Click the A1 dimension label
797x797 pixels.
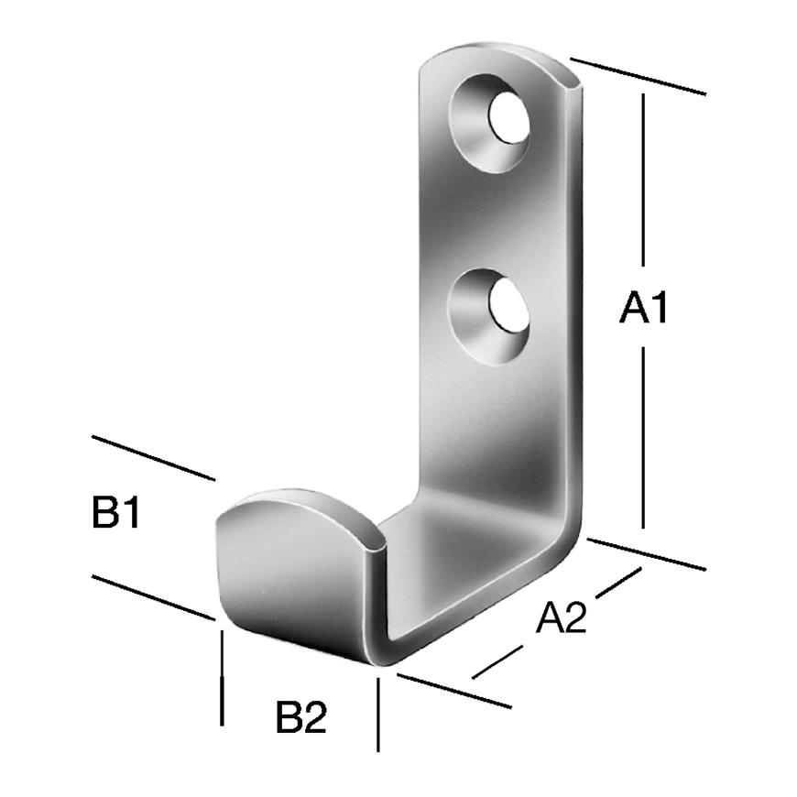click(643, 307)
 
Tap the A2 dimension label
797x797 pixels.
click(562, 617)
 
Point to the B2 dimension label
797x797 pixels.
click(300, 716)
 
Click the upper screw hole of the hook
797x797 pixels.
click(490, 124)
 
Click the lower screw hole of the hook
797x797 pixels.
click(488, 316)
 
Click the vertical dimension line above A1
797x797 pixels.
click(643, 180)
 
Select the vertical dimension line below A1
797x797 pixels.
click(643, 438)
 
